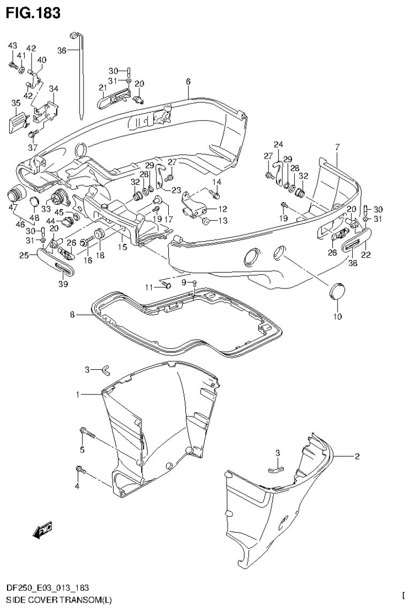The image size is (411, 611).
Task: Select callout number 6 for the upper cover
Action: [188, 81]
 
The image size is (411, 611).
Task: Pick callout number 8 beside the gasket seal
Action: [72, 315]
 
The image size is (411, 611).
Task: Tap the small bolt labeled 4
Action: [80, 470]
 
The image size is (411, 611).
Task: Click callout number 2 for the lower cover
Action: [357, 457]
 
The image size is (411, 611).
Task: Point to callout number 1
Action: [78, 394]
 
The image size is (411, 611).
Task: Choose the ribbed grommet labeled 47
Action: [17, 193]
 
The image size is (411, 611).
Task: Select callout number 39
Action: [63, 284]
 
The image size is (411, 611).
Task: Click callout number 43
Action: [12, 47]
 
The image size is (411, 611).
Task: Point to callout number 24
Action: [278, 144]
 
